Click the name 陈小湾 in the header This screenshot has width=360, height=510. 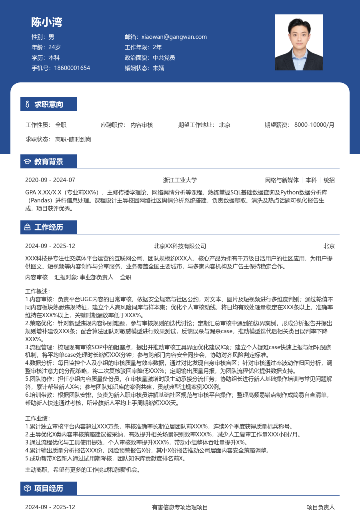(x=47, y=22)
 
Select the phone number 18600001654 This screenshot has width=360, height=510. (x=72, y=68)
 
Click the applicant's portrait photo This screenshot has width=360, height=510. (x=299, y=42)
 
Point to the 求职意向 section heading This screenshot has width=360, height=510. (x=49, y=104)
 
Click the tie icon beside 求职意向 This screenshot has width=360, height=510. (x=27, y=104)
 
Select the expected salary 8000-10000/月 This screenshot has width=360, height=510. (x=314, y=125)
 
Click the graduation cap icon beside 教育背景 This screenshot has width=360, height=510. (x=27, y=162)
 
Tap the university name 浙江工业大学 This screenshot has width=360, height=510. (x=180, y=180)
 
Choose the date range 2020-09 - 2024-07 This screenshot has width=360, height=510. (x=50, y=180)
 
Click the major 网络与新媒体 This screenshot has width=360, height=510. (x=282, y=180)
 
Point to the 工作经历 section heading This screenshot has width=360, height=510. (x=49, y=227)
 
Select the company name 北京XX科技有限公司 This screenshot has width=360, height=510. (x=180, y=246)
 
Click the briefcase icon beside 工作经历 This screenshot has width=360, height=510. (x=27, y=227)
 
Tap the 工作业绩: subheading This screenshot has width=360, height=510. (x=38, y=418)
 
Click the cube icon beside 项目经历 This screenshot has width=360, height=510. (x=27, y=488)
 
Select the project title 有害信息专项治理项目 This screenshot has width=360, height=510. (x=180, y=507)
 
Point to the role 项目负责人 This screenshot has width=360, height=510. (x=321, y=507)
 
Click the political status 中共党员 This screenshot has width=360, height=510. (x=164, y=58)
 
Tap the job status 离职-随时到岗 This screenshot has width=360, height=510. (x=73, y=139)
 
